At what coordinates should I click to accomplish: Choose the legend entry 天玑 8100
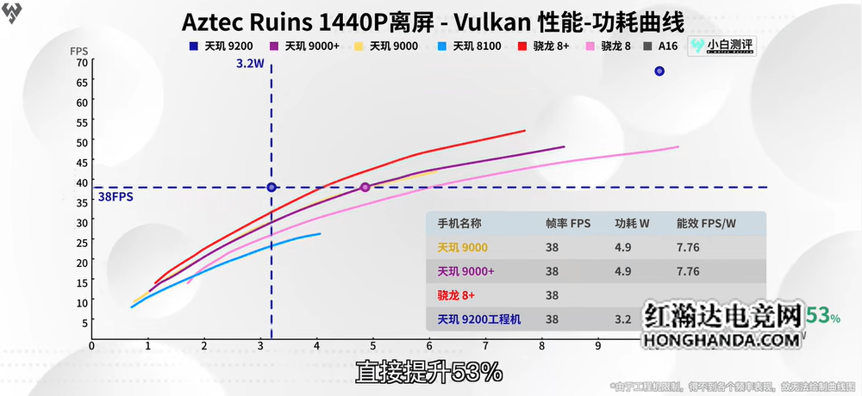coord(470,46)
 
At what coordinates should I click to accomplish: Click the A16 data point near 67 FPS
coord(659,71)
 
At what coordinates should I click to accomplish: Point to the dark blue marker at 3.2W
coord(272,187)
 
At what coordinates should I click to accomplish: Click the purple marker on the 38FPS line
coord(365,187)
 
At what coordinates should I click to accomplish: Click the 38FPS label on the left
coord(115,196)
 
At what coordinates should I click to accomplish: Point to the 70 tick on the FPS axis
coord(81,62)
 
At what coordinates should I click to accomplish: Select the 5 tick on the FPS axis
coord(84,323)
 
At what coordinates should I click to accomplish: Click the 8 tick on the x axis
coord(541,346)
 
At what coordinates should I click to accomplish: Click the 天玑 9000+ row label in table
coord(465,271)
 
